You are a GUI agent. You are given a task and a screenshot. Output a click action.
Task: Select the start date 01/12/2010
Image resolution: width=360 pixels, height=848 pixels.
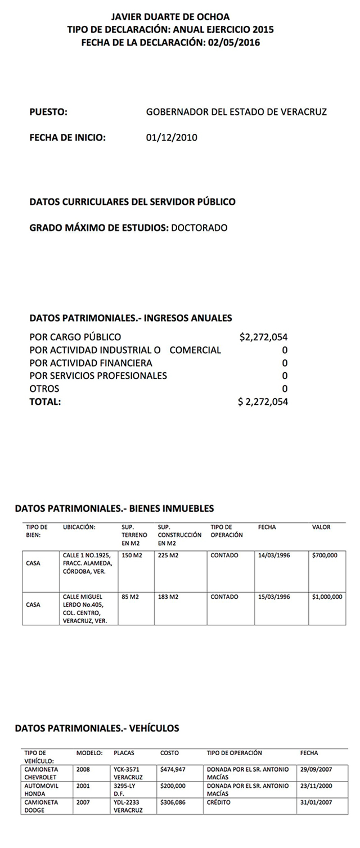171,137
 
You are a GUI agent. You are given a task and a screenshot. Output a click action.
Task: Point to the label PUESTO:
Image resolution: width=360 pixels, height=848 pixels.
48,112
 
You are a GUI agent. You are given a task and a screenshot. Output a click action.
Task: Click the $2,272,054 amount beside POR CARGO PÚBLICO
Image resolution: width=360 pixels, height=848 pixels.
263,337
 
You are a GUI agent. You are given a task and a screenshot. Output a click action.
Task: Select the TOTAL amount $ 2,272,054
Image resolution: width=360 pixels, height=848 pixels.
263,402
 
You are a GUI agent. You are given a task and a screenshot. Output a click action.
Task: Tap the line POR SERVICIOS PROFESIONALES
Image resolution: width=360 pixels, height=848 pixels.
98,376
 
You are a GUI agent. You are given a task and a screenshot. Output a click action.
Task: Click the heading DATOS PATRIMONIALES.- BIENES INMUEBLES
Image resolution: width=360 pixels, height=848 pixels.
114,508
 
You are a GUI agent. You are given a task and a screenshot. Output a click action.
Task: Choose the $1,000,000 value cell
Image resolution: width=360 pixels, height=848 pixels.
326,596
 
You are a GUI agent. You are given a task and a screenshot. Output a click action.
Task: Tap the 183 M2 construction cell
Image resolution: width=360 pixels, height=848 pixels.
168,596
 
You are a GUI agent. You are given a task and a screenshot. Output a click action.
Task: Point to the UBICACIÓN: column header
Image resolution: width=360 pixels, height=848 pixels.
79,527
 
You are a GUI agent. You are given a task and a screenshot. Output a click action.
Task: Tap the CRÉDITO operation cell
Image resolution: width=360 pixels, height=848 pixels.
219,802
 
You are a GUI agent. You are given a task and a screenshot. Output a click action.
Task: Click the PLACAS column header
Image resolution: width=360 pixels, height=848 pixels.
124,752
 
